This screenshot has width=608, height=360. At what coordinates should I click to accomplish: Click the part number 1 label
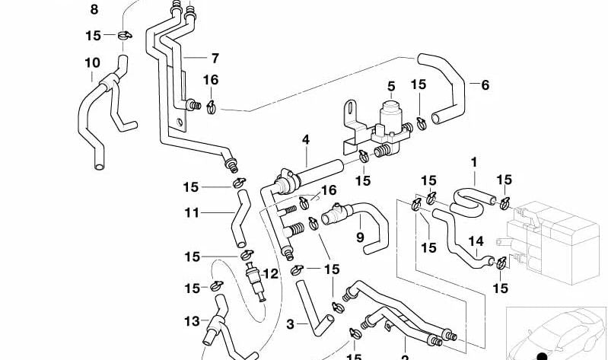[x=474, y=162]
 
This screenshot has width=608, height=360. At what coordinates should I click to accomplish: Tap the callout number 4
[x=306, y=140]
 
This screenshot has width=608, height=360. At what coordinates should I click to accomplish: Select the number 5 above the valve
[x=391, y=86]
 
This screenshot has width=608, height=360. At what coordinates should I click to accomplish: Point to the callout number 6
[x=485, y=85]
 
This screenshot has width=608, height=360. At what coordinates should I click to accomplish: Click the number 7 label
[x=215, y=58]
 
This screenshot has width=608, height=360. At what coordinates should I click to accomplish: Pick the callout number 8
[x=94, y=10]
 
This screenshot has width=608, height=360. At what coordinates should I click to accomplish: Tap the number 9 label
[x=360, y=237]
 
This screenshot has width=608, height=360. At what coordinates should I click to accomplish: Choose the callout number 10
[x=92, y=62]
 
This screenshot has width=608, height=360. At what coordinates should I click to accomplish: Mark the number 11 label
[x=191, y=213]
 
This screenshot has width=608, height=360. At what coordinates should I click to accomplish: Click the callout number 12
[x=271, y=273]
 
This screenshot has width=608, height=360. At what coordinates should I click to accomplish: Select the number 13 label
[x=191, y=321]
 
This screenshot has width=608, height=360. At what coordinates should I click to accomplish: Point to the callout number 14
[x=476, y=241]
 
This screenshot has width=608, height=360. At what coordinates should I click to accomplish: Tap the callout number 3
[x=290, y=325]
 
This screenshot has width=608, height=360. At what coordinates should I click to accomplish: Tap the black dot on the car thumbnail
[x=541, y=355]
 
